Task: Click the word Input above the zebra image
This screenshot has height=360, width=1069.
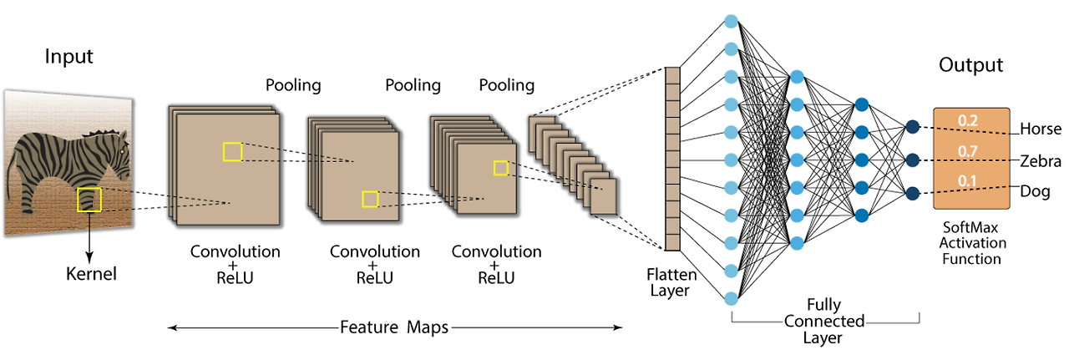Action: point(69,58)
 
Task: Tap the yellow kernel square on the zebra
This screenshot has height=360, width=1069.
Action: point(89,200)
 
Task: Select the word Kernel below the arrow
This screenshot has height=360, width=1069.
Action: point(92,273)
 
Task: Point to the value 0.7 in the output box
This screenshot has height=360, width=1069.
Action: point(968,151)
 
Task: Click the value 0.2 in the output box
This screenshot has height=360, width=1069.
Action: point(968,120)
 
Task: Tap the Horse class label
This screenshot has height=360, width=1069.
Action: point(1040,129)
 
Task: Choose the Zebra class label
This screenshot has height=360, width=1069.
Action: point(1040,161)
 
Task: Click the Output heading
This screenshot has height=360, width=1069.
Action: point(970,65)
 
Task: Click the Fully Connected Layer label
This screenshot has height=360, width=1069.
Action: point(823,322)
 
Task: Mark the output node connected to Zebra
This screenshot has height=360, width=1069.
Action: point(913,160)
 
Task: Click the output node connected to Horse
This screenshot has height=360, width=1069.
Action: point(913,127)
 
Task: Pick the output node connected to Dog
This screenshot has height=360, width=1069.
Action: point(913,193)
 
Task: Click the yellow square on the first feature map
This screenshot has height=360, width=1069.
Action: point(233,151)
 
